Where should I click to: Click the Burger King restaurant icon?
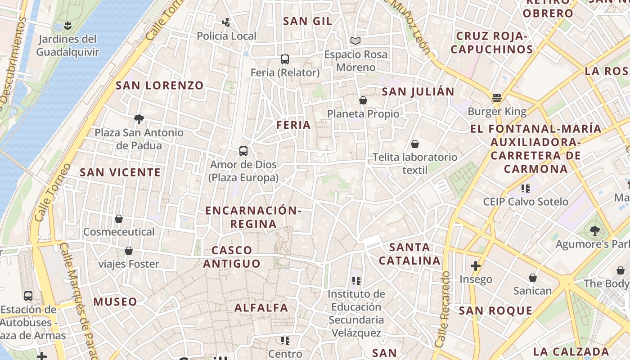click(497, 98)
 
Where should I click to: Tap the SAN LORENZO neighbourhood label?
click(160, 85)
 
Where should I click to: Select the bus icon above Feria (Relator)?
click(284, 59)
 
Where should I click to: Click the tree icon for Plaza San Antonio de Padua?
click(139, 119)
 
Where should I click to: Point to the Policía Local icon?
click(226, 22)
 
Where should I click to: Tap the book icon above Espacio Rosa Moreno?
click(355, 41)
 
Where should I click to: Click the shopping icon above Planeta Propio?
click(363, 100)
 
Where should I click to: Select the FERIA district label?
click(293, 125)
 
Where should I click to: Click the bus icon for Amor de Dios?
click(243, 151)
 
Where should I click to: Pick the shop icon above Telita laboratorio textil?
click(414, 144)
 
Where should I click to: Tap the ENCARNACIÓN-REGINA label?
click(253, 217)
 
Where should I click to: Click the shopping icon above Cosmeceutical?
click(119, 219)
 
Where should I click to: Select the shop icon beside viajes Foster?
click(129, 251)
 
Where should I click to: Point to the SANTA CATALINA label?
click(409, 254)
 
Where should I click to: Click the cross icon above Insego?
click(476, 266)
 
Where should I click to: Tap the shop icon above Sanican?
click(533, 278)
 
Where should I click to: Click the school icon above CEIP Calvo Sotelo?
click(525, 188)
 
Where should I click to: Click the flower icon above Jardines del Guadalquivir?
click(67, 25)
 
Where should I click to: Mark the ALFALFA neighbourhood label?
click(261, 308)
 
